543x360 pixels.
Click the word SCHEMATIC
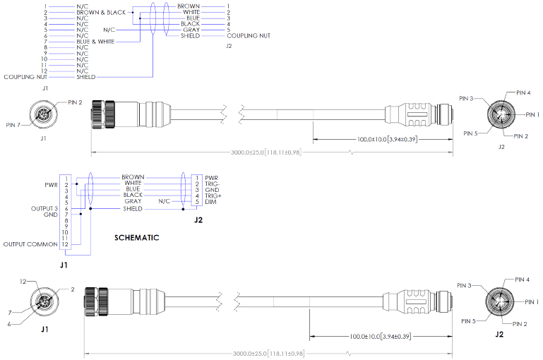137,238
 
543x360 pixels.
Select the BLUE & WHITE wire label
95,42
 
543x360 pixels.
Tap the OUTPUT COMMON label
30,244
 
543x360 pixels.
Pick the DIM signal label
210,202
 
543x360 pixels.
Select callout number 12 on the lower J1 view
23,282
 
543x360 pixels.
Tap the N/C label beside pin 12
82,71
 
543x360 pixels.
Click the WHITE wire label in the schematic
133,183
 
